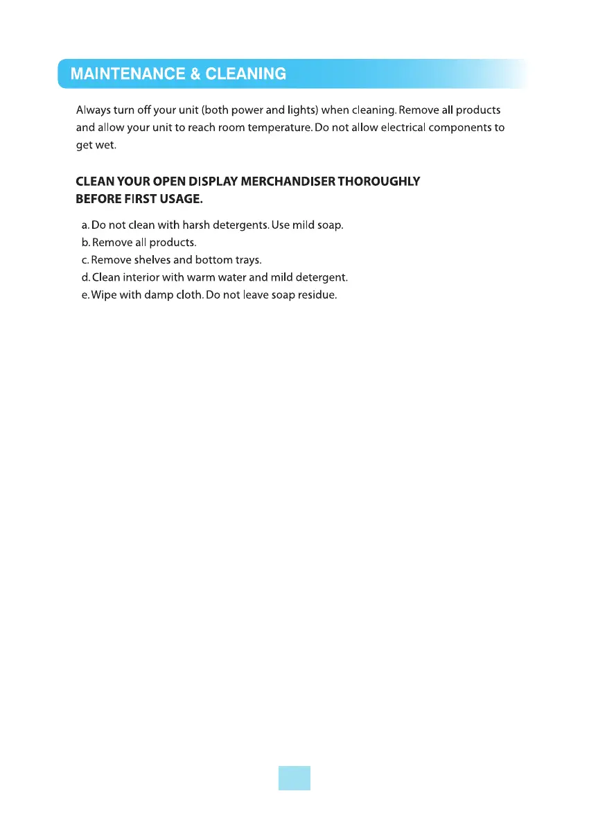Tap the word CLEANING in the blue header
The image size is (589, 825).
pos(246,73)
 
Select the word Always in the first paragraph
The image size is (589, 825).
pos(93,111)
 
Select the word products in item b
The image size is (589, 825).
pos(173,243)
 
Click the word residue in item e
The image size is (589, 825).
pos(318,295)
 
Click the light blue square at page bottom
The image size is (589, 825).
pos(294,778)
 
